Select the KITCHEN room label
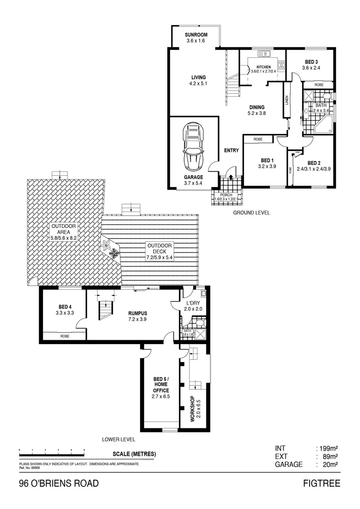[263, 67]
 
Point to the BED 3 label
[311, 62]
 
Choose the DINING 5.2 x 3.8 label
[257, 110]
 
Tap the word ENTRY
[231, 151]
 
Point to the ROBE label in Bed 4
[65, 337]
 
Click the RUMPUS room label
[138, 313]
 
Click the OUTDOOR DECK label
[160, 249]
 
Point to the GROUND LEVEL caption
[252, 213]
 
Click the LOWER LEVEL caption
[119, 439]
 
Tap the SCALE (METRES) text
[134, 454]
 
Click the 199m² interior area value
[330, 448]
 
